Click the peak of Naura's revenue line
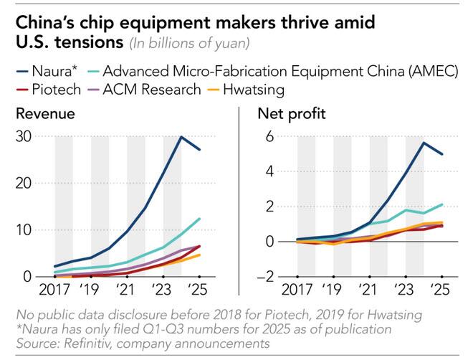pyautogui.click(x=181, y=136)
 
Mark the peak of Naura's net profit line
pyautogui.click(x=424, y=143)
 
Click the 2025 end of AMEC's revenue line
pyautogui.click(x=199, y=219)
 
